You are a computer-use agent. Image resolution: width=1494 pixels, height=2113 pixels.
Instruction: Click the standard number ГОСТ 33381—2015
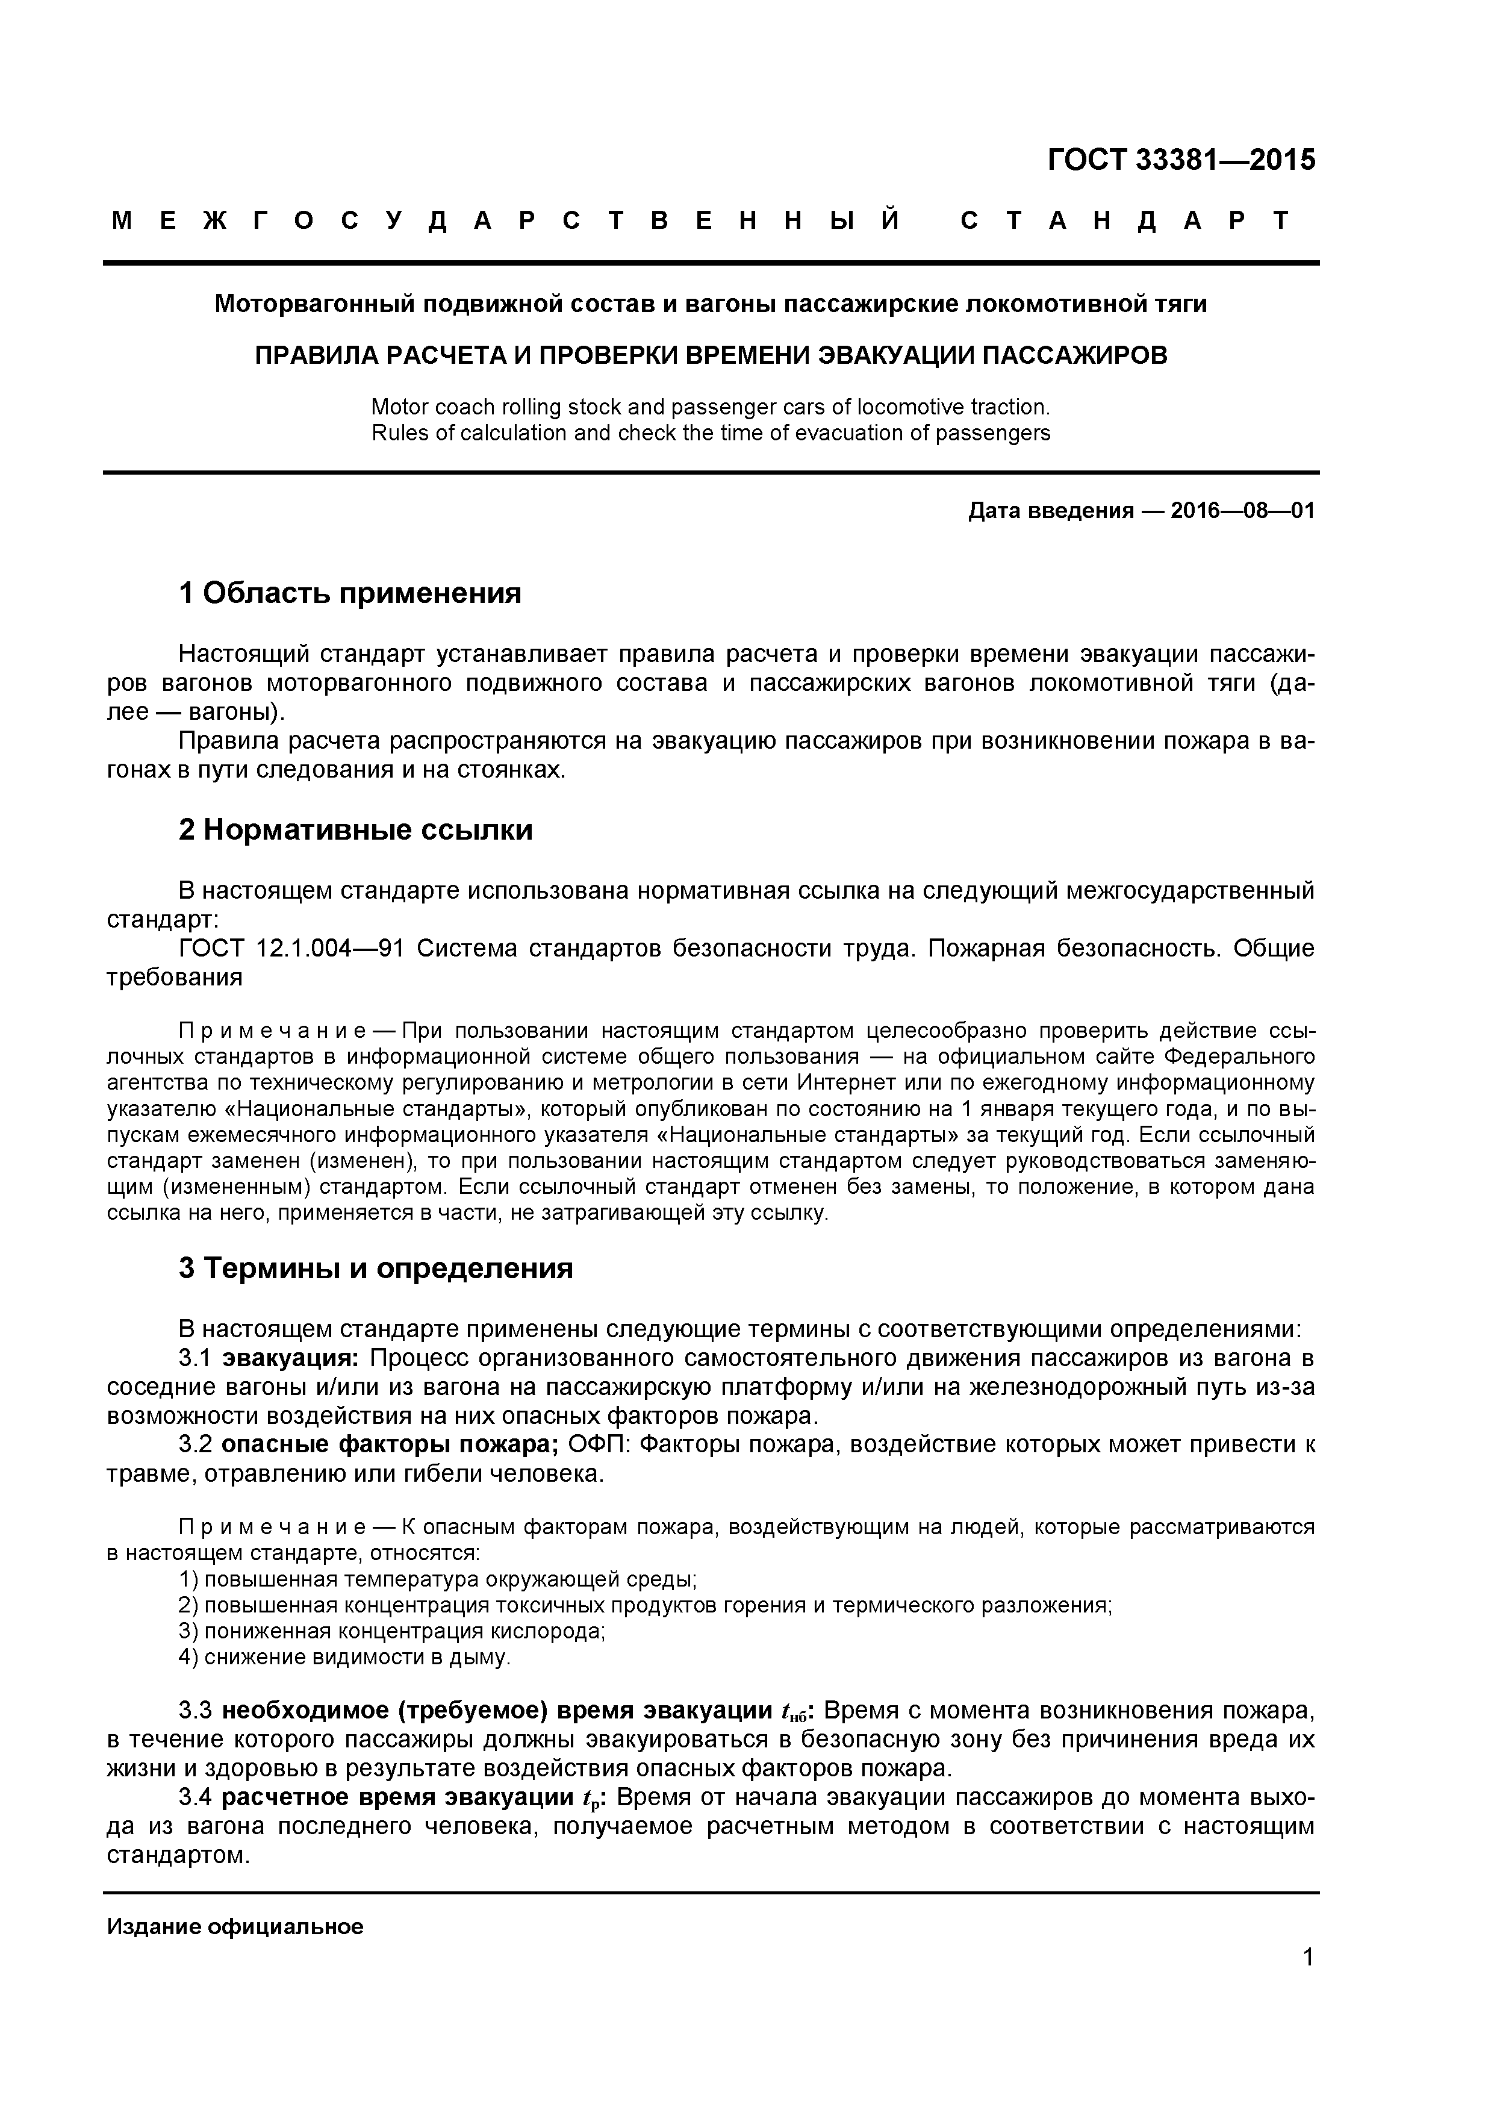(x=1181, y=160)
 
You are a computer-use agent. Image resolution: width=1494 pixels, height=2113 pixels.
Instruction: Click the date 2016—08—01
(x=1242, y=511)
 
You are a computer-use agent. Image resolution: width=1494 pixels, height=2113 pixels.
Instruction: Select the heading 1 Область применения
(x=350, y=593)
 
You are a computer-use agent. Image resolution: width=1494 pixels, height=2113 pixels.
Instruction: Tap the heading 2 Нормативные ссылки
(x=355, y=830)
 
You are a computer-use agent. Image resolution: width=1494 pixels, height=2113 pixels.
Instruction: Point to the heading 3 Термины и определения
(x=375, y=1268)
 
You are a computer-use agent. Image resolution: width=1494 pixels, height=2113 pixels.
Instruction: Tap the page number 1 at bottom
(x=1308, y=1982)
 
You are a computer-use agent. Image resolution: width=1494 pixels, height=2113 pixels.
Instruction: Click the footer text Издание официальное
(x=235, y=1926)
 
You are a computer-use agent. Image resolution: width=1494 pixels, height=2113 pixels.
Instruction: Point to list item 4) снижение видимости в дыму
(x=344, y=1658)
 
